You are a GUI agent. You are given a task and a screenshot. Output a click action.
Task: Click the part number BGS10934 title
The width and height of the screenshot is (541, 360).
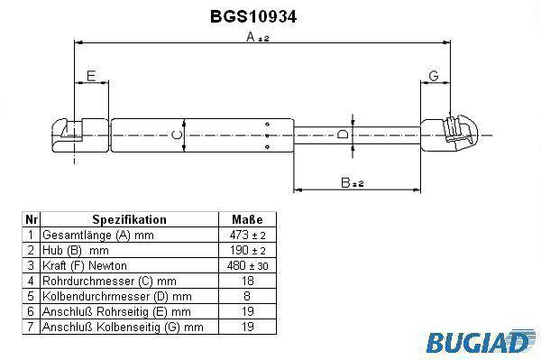pyautogui.click(x=253, y=16)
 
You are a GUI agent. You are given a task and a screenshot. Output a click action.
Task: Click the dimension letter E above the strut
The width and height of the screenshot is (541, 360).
pyautogui.click(x=91, y=76)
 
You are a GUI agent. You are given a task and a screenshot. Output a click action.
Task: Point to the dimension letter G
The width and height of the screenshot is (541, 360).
pyautogui.click(x=434, y=76)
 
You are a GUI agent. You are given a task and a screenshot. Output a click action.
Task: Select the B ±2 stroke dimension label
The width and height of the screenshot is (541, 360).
pyautogui.click(x=352, y=182)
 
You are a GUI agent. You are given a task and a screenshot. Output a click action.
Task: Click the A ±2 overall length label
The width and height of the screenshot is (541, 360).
pyautogui.click(x=257, y=37)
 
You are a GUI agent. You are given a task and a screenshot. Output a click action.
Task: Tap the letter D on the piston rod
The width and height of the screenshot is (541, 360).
pyautogui.click(x=343, y=134)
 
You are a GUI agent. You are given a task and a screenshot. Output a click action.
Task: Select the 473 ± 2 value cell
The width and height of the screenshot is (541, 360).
pyautogui.click(x=247, y=235)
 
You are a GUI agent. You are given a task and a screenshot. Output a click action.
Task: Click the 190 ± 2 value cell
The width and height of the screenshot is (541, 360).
pyautogui.click(x=247, y=250)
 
